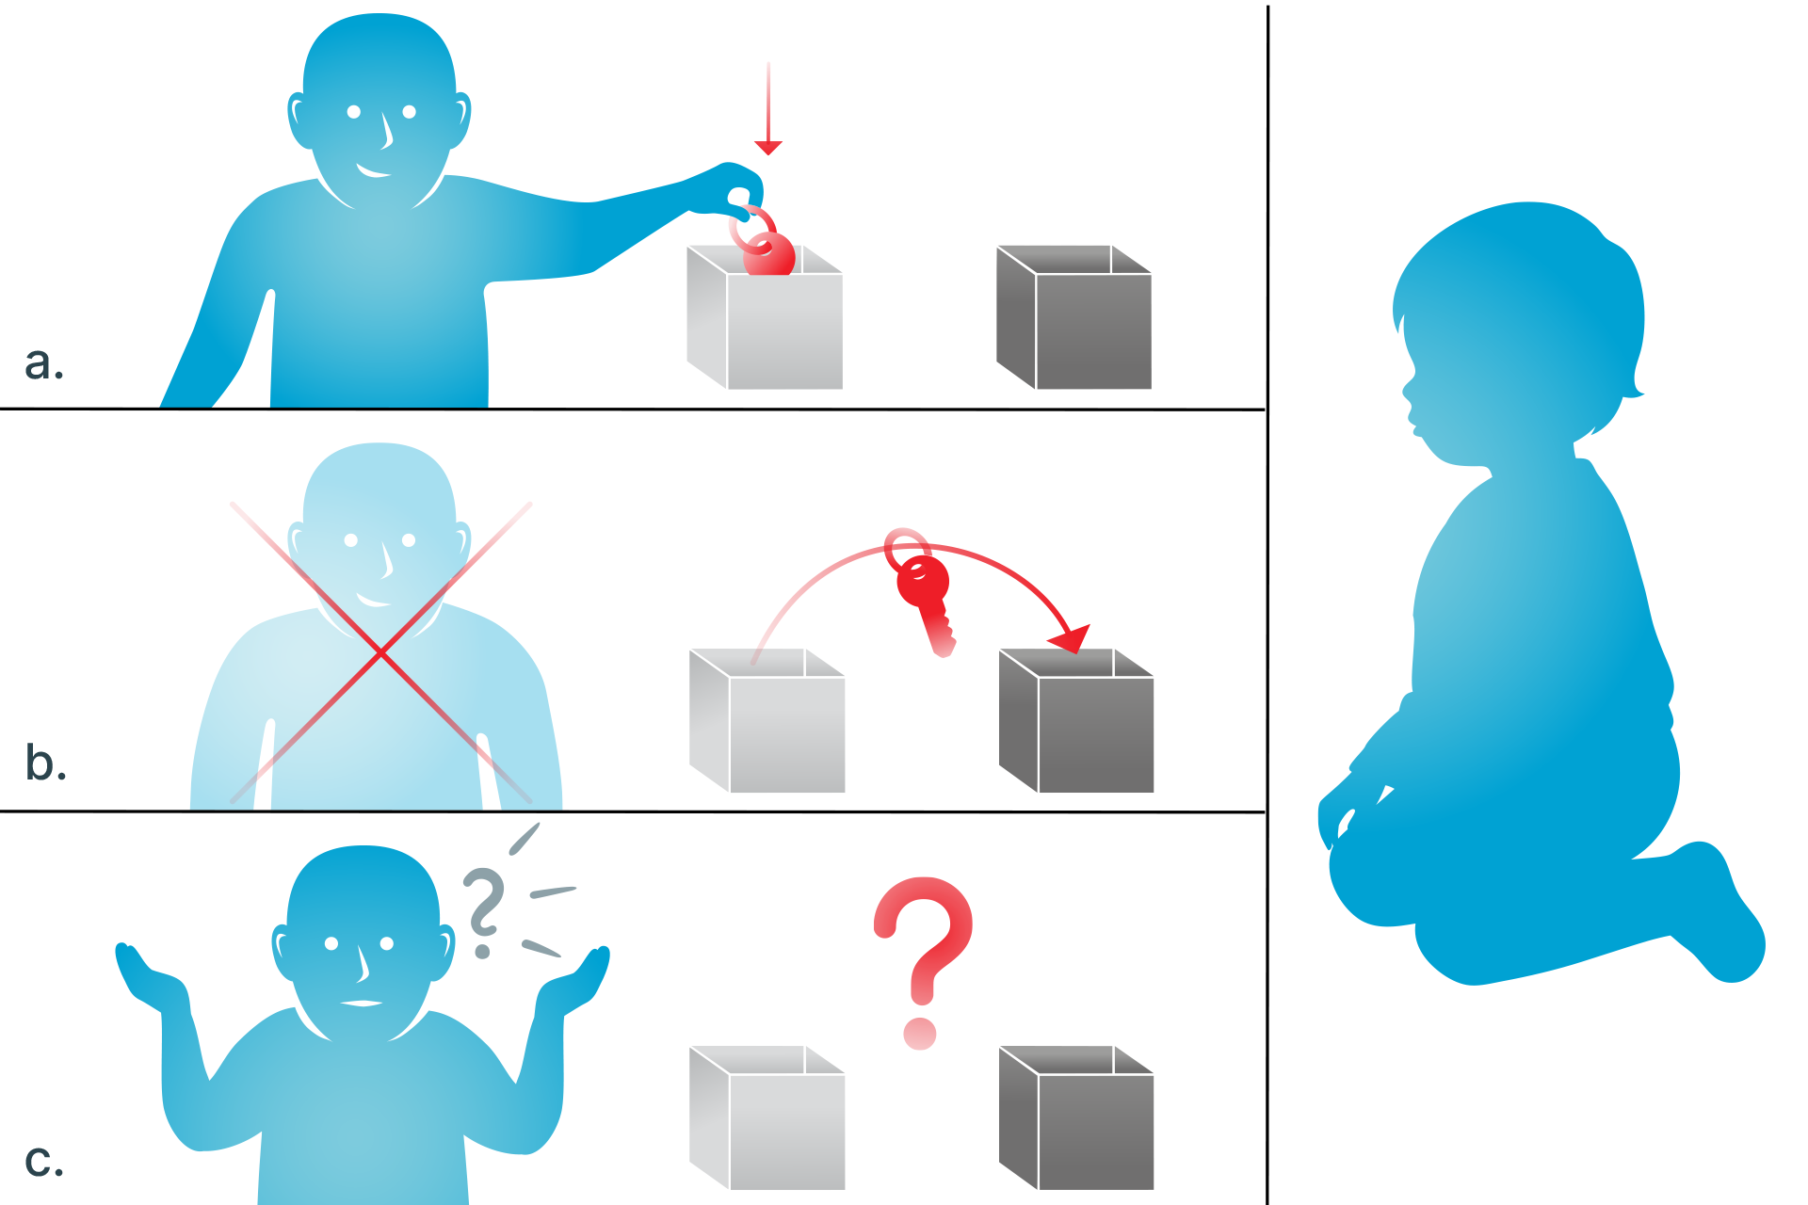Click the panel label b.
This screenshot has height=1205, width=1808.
point(45,762)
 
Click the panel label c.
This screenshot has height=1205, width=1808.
point(44,1162)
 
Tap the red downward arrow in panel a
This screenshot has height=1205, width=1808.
point(768,108)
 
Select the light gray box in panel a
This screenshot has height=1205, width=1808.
point(765,317)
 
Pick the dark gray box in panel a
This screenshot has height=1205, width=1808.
point(1073,317)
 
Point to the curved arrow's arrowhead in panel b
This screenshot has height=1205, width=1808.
point(1072,638)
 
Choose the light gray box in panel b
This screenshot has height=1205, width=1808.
point(767,720)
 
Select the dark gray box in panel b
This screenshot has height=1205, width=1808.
point(1076,720)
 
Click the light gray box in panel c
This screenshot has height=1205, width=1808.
point(767,1117)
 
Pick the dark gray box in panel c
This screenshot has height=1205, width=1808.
point(1076,1117)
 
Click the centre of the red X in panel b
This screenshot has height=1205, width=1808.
point(380,651)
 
